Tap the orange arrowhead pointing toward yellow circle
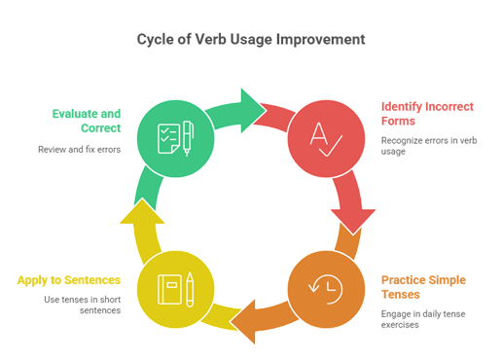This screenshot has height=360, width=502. click(243, 323)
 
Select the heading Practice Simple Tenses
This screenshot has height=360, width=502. click(428, 288)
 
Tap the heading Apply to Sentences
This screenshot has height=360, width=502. click(68, 280)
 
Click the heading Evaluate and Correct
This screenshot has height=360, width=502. click(87, 121)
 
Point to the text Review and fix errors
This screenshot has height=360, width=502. click(79, 150)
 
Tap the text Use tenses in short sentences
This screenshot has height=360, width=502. click(83, 306)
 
